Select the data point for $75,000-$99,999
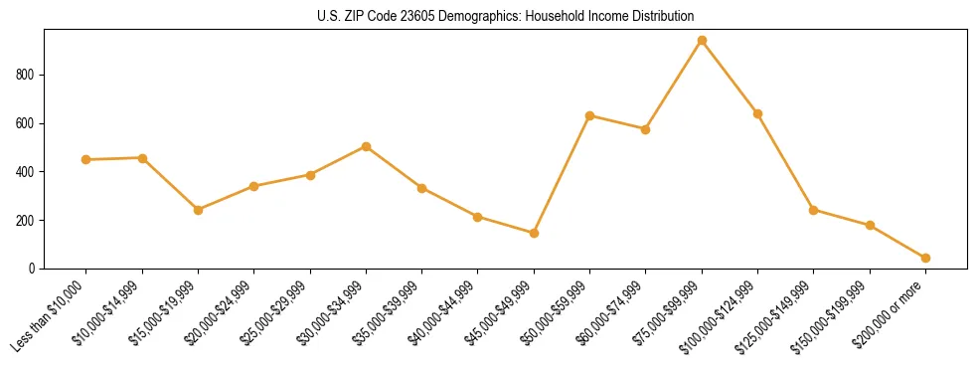[702, 41]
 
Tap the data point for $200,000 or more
[925, 258]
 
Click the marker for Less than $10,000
[86, 159]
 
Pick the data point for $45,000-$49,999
[534, 233]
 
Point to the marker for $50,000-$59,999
[589, 115]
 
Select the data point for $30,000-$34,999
[366, 146]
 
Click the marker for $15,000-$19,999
[198, 210]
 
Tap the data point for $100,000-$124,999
[757, 113]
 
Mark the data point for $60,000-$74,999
[646, 129]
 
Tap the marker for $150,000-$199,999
[870, 226]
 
